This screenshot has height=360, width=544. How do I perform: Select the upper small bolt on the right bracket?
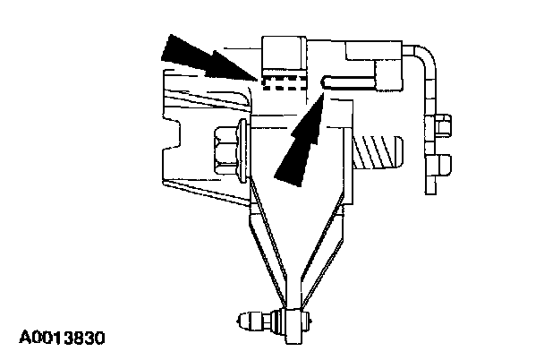pos(441,125)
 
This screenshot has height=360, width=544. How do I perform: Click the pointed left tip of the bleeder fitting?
pos(238,318)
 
